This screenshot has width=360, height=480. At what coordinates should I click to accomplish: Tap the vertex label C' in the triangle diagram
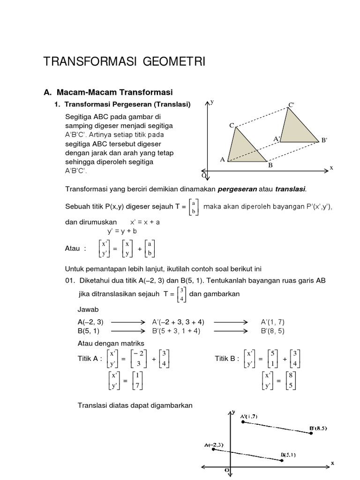pos(291,105)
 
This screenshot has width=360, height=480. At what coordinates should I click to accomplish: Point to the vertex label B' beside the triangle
pos(324,140)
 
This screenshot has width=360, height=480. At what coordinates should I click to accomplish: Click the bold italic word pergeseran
pos(237,189)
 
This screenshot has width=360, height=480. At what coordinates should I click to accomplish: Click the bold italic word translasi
pos(289,189)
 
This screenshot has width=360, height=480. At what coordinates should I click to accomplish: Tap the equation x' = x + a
pos(145,222)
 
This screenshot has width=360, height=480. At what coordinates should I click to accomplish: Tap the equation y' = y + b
pos(121,231)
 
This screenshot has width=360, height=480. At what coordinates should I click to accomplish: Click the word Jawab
pos(87,310)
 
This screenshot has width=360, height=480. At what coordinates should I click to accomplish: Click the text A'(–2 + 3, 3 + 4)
pos(178,322)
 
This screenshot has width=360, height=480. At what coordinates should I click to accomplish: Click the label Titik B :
pos(227,359)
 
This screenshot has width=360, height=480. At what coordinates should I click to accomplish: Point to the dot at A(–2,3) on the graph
pos(214,449)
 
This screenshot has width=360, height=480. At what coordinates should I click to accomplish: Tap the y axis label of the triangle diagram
pos(212,101)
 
